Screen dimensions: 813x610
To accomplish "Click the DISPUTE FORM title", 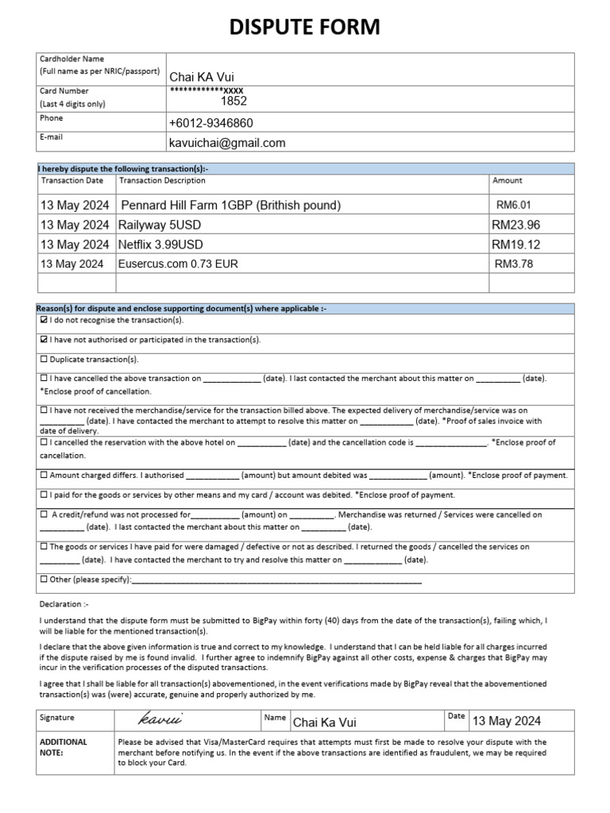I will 305,28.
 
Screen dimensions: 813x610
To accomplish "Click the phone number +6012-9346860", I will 210,123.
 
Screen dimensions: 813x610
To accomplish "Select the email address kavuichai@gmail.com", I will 226,143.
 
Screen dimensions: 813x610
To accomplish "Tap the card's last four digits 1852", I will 234,102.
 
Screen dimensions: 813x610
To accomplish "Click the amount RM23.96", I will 515,225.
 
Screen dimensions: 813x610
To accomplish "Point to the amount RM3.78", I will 513,264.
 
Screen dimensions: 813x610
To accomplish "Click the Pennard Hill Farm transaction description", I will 230,205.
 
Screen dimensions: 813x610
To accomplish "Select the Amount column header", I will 508,181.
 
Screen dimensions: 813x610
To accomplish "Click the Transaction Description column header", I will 162,181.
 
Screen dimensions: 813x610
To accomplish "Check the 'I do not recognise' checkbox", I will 44,321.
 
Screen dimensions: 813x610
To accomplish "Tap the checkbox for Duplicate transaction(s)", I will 44,360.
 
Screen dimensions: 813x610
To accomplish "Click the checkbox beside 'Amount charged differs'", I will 44,476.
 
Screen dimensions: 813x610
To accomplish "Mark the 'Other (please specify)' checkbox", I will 44,580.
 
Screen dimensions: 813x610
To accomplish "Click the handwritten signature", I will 160,719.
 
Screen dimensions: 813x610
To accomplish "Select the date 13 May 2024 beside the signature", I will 506,721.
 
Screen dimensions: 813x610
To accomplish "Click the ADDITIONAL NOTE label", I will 64,747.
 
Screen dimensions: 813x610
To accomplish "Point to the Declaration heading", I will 65,604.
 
